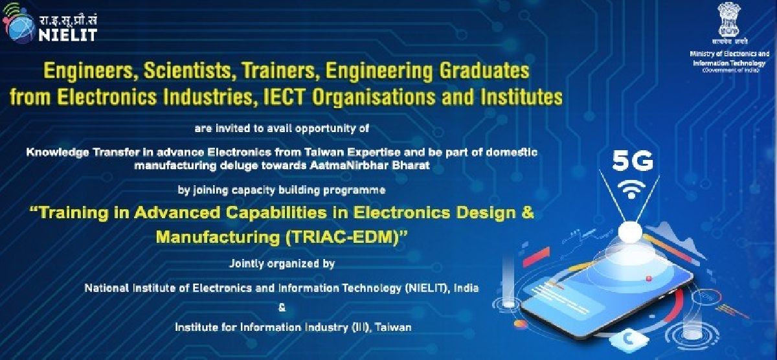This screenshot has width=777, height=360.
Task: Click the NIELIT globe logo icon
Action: (x=18, y=24)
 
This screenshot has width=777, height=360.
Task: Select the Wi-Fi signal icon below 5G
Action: (x=631, y=188)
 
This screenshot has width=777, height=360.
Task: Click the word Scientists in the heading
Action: (x=187, y=71)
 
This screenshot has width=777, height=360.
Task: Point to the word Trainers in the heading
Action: (x=279, y=71)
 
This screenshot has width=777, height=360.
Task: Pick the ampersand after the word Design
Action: (x=527, y=212)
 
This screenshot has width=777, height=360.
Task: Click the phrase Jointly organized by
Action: (x=282, y=264)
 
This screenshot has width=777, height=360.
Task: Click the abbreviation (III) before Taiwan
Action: (x=361, y=328)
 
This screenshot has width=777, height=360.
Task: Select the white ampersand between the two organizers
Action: (x=282, y=308)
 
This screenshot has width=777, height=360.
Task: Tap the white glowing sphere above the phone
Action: (x=630, y=232)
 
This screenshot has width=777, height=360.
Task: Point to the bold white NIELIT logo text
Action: (x=67, y=35)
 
